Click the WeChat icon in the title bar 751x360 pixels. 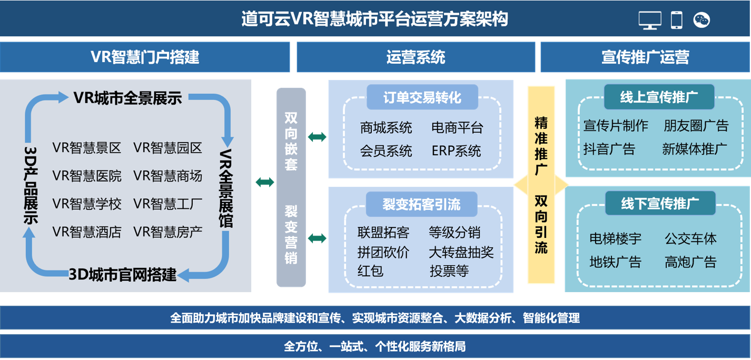click(x=701, y=20)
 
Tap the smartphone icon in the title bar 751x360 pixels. click(x=676, y=20)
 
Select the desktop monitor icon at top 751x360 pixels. click(x=650, y=20)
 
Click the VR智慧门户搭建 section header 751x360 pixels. click(x=145, y=57)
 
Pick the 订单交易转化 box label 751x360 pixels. click(x=422, y=97)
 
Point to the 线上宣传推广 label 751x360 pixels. click(x=659, y=97)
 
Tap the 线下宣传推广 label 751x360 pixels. click(x=660, y=203)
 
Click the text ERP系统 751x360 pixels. click(x=456, y=152)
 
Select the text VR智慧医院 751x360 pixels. click(x=87, y=176)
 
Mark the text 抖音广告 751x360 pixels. click(x=609, y=149)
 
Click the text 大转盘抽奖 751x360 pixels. click(x=461, y=252)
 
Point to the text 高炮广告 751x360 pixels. click(x=690, y=262)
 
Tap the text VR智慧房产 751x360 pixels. click(x=168, y=232)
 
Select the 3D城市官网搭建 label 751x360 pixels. click(x=123, y=275)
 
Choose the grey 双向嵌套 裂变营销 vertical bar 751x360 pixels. click(x=291, y=187)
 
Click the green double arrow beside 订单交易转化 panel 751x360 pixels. click(x=317, y=137)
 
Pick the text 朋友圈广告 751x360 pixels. click(x=696, y=126)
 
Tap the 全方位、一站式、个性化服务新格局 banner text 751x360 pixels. click(x=375, y=347)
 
